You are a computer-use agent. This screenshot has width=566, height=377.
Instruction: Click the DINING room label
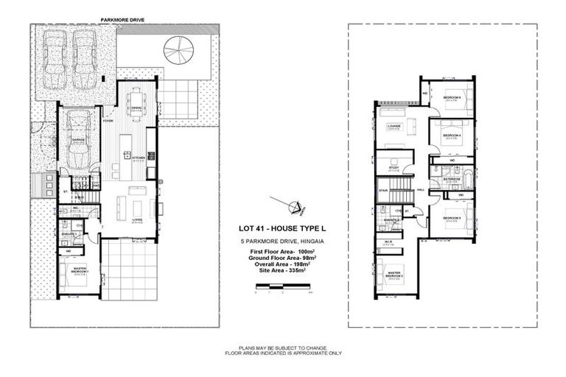pyautogui.click(x=136, y=108)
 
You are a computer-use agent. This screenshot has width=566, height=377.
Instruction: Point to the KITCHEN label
pyautogui.click(x=136, y=156)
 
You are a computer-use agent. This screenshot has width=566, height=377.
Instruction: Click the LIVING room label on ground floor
pyautogui.click(x=136, y=219)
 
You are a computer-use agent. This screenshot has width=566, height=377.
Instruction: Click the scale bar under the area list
pyautogui.click(x=283, y=289)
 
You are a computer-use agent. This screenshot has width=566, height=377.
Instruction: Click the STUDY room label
pyautogui.click(x=393, y=168)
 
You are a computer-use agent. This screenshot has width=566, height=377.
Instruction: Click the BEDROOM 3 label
pyautogui.click(x=451, y=218)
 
